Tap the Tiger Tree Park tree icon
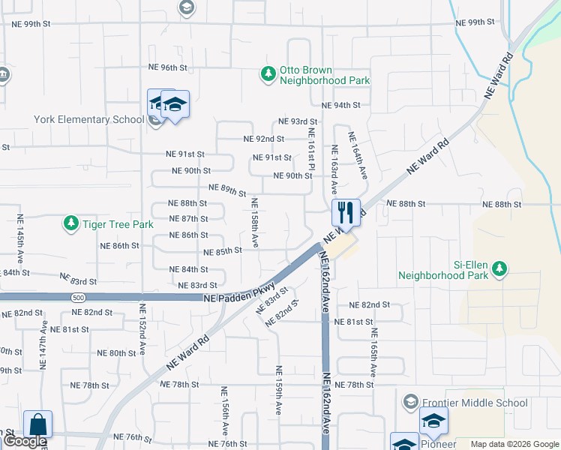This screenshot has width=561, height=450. [71, 223]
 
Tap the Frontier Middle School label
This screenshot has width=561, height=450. [474, 403]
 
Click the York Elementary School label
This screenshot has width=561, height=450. [89, 119]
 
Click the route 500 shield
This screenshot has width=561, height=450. [79, 298]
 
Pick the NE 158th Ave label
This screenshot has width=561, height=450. [255, 223]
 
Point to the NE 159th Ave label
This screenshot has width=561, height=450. [278, 391]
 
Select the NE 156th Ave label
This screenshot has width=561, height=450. [224, 411]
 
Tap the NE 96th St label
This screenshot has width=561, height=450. [167, 67]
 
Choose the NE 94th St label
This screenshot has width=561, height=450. [341, 106]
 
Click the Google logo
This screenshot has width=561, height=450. [25, 442]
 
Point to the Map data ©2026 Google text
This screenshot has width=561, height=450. [514, 444]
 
